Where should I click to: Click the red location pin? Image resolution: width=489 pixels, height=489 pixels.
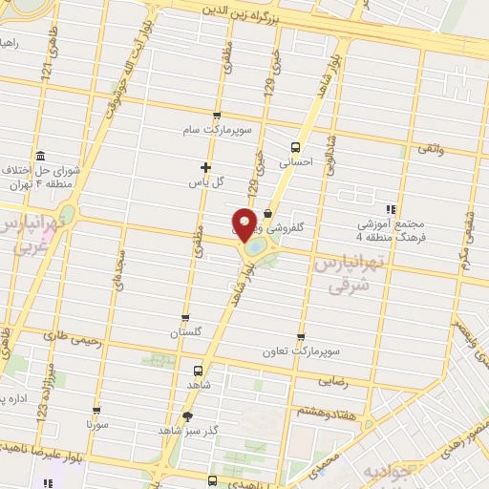tap(244, 223)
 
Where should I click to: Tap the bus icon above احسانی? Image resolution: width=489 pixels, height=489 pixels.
tap(295, 147)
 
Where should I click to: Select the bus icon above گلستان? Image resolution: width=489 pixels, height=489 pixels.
tap(185, 318)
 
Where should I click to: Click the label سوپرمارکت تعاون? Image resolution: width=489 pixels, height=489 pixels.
tap(301, 351)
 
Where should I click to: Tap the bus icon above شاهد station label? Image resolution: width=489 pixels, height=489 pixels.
tap(198, 370)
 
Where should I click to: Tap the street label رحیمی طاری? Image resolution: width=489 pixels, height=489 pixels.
tap(69, 334)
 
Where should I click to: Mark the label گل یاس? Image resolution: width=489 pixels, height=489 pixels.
tap(206, 181)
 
